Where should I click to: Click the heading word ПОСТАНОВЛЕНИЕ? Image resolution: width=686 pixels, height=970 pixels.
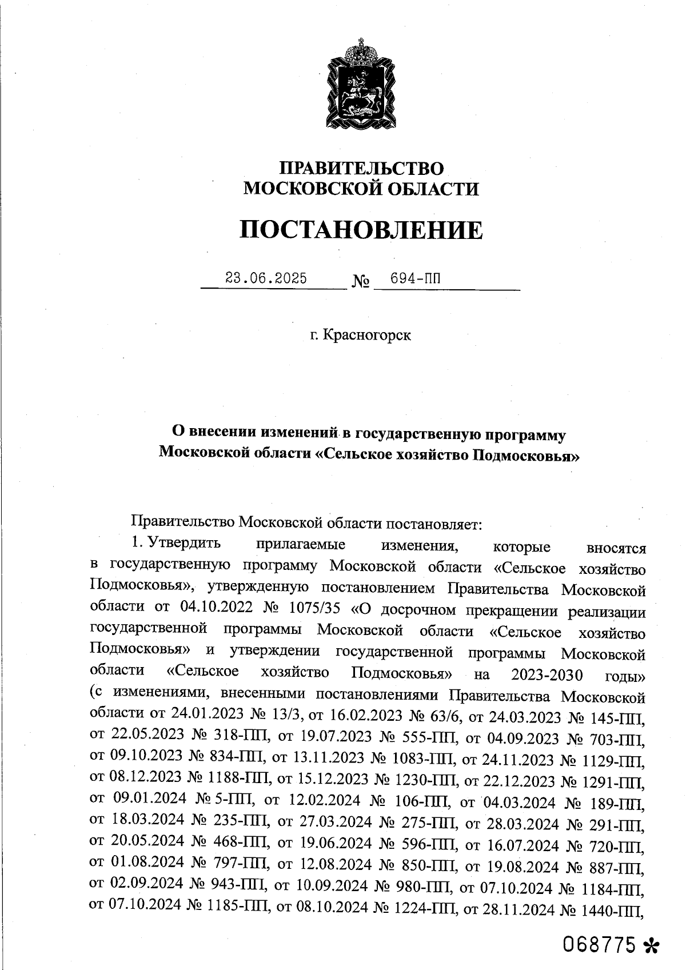[361, 230]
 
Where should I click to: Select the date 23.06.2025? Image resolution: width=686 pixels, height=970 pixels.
[266, 278]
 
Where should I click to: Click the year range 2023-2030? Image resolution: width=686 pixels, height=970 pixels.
[547, 675]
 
